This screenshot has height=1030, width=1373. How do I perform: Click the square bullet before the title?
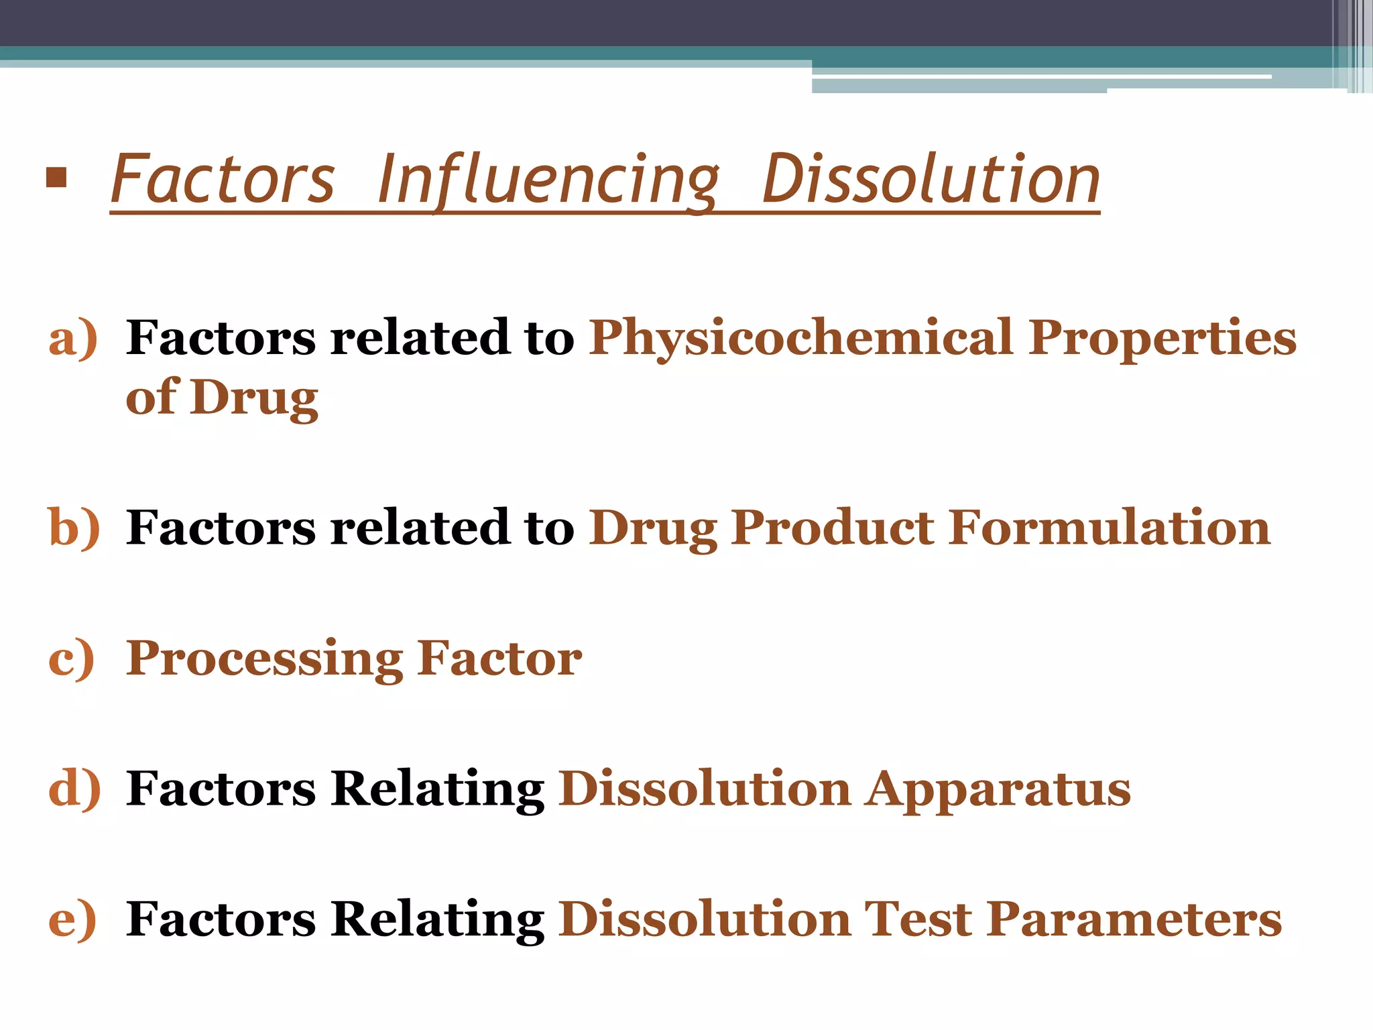57,178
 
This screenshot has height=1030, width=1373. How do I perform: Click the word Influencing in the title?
548,179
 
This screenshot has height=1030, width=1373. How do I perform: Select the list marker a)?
73,337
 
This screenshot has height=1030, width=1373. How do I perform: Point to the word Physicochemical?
801,339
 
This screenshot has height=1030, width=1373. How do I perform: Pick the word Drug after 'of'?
254,398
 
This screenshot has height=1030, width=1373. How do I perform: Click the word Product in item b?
831,528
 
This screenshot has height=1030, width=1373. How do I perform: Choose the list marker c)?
72,659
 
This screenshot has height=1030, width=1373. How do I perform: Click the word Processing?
265,660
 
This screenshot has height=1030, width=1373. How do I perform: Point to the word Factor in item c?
499,659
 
